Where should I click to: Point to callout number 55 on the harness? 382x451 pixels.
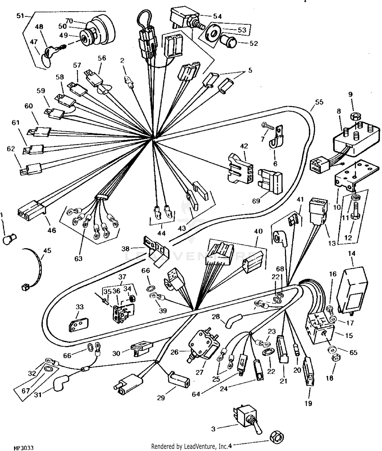[319, 102]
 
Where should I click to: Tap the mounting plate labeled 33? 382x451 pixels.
[78, 324]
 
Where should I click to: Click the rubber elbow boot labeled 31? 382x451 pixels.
[60, 382]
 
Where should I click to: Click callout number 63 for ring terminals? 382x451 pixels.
[78, 258]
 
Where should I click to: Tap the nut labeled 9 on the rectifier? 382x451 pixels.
[354, 117]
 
